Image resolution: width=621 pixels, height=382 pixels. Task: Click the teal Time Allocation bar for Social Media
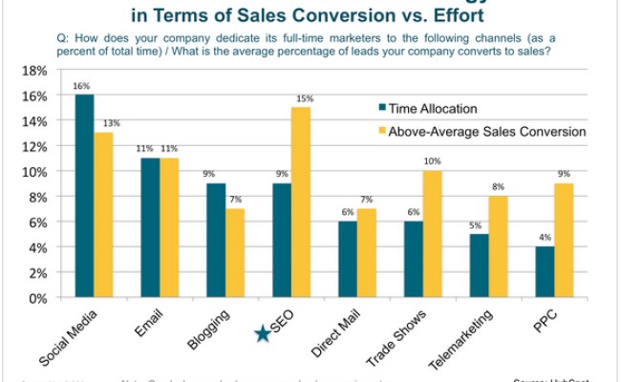coord(84,196)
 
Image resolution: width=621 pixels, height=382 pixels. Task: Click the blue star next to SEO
coord(262,332)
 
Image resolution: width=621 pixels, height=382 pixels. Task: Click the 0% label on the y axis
coord(37,298)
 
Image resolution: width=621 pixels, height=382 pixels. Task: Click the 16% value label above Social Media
coord(84,85)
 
